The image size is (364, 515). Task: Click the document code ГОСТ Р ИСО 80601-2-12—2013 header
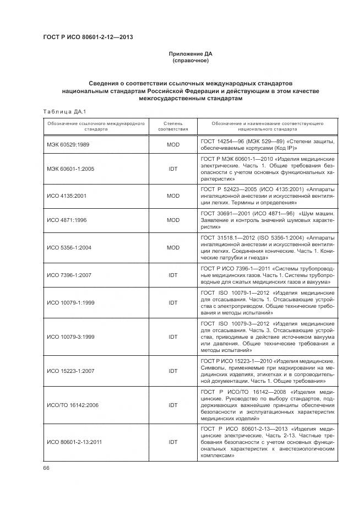(x=88, y=37)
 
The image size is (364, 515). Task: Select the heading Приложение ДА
(x=190, y=54)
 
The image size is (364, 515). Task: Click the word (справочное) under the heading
(x=190, y=61)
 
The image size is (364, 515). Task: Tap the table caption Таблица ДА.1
(x=61, y=112)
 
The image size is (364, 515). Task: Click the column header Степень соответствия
(x=173, y=127)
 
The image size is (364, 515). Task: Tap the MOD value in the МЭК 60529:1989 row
(x=173, y=145)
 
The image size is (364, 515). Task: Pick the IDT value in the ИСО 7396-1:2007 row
(x=173, y=274)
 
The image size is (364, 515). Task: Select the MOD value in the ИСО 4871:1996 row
(x=173, y=220)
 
